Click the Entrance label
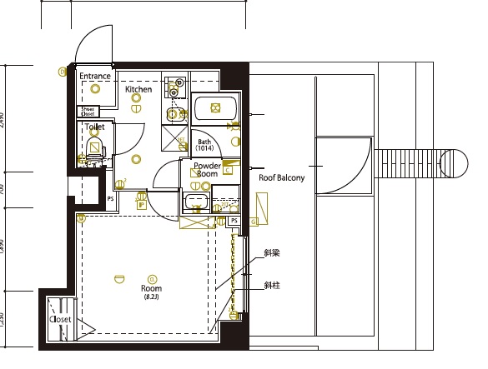click(x=95, y=76)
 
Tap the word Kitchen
click(x=138, y=88)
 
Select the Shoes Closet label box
click(x=88, y=111)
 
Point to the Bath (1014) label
click(x=205, y=145)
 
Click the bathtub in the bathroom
click(x=216, y=108)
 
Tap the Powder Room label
click(x=206, y=169)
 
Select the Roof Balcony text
click(x=281, y=177)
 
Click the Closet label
click(x=60, y=319)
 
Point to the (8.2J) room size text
click(x=151, y=297)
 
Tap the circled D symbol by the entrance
click(x=62, y=72)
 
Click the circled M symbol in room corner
click(x=81, y=219)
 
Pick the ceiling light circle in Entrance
click(x=95, y=88)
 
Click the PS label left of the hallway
click(x=110, y=199)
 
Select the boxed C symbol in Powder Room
click(x=227, y=170)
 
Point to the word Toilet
click(x=94, y=127)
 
